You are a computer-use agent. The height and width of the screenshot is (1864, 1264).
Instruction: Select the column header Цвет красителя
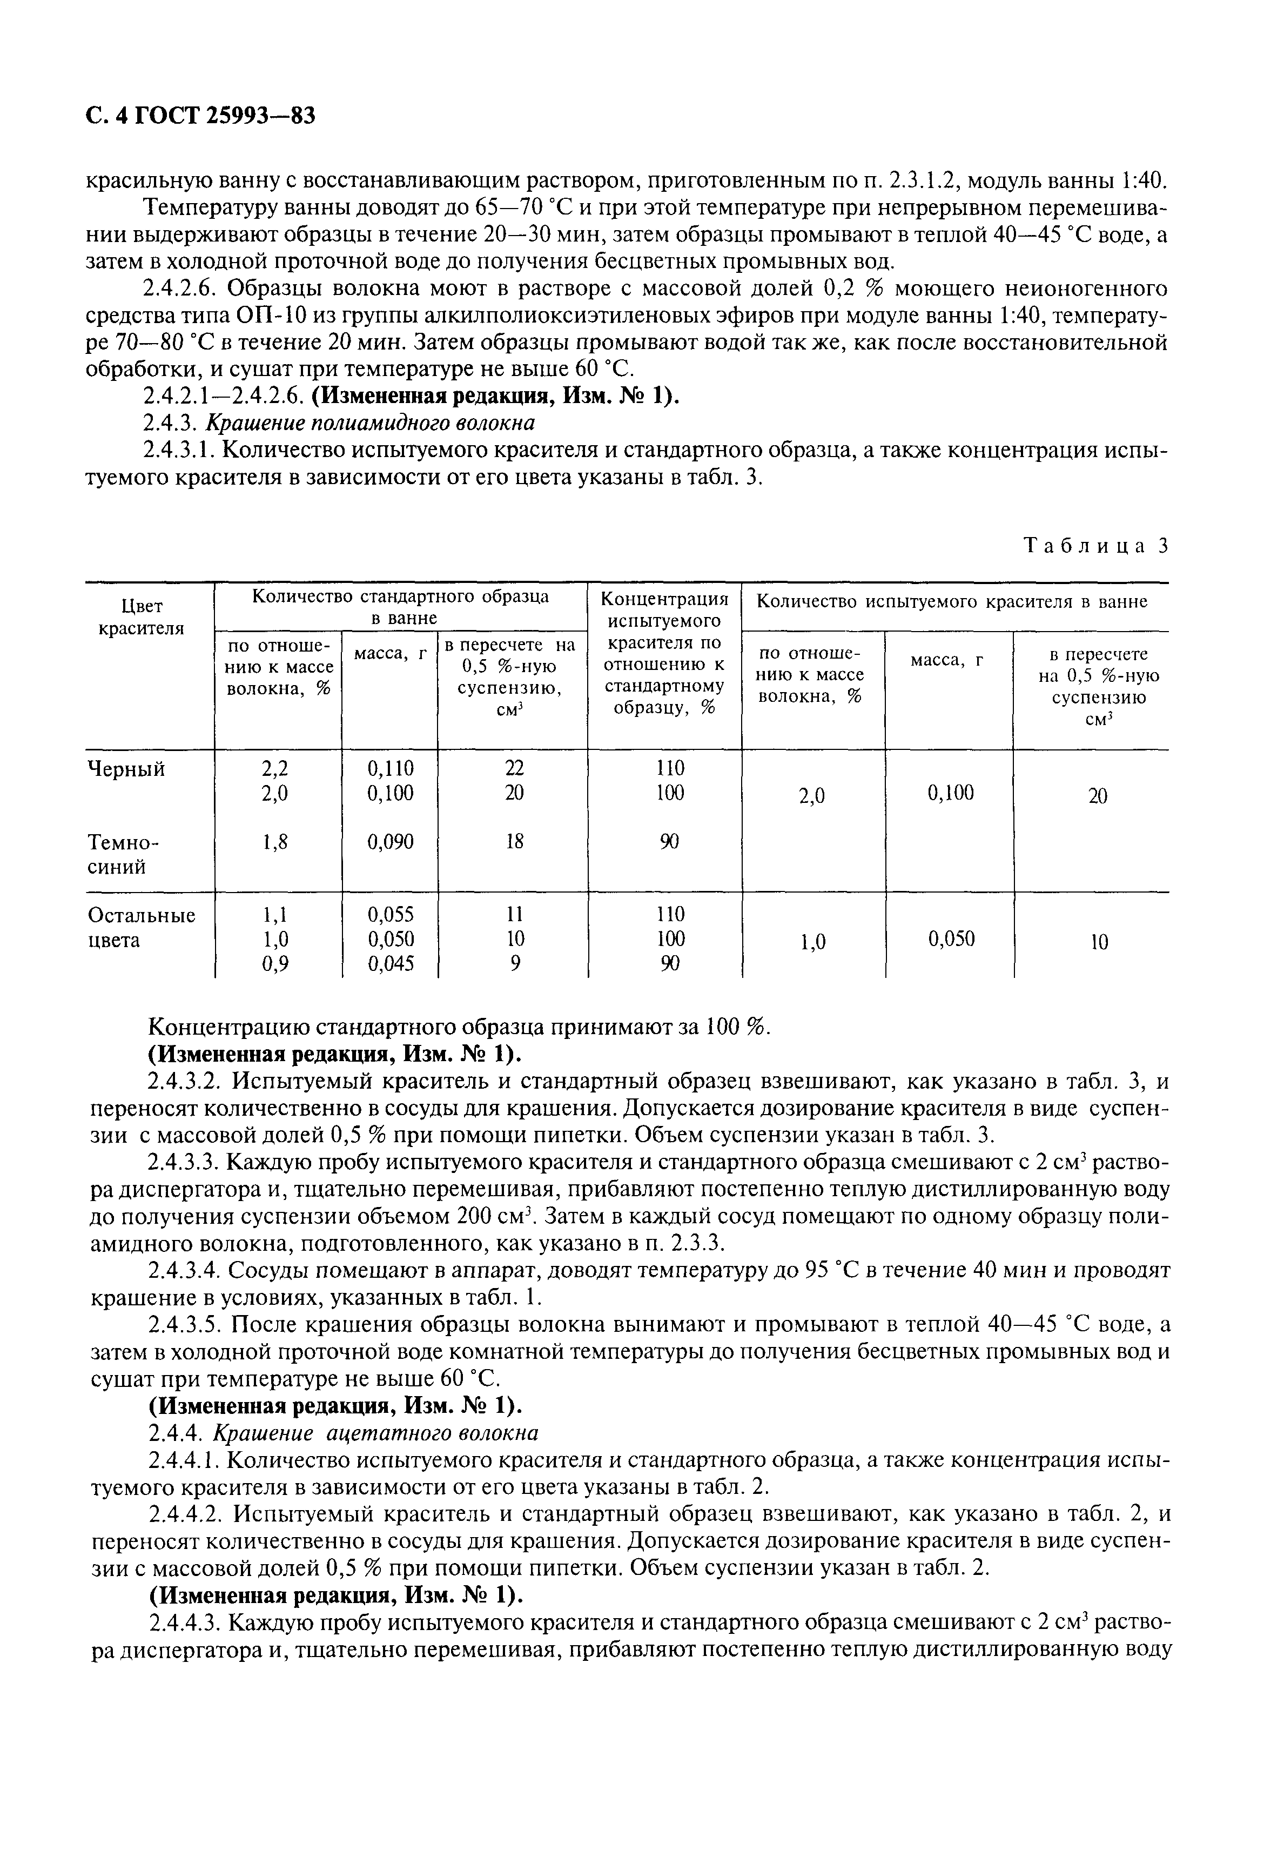coord(140,618)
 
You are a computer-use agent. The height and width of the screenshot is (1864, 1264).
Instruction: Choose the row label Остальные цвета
coord(140,927)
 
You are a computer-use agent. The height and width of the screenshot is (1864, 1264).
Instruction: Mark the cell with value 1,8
coord(274,841)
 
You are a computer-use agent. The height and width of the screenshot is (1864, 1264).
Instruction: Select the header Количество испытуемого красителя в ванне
coord(952,601)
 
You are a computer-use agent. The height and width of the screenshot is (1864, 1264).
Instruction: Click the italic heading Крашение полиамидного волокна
coord(371,422)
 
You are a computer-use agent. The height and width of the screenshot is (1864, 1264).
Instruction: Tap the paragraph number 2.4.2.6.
coord(184,289)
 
